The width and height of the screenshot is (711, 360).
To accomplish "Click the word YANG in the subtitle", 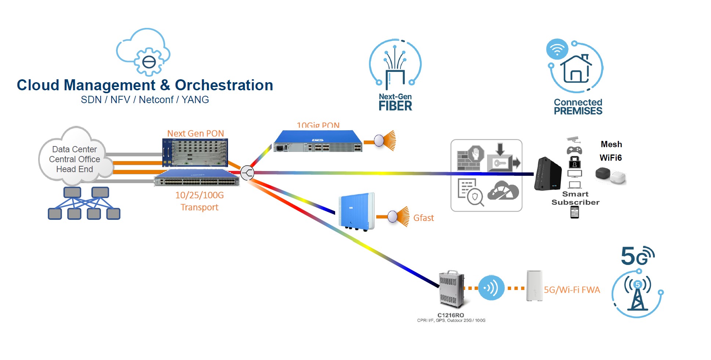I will (x=195, y=100).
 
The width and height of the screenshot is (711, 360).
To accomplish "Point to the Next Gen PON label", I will (x=195, y=134).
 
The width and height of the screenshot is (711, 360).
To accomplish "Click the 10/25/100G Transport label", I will (x=199, y=201).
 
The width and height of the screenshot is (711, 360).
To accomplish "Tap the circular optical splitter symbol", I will (x=247, y=172).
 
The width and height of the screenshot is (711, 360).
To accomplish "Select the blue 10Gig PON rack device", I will (x=318, y=141).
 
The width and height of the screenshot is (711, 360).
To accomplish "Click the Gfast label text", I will (x=424, y=218).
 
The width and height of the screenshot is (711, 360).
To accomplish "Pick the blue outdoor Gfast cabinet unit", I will (x=356, y=211).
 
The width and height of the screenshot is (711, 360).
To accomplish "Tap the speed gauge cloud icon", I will (x=503, y=191).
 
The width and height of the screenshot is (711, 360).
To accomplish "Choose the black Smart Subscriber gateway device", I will (x=547, y=174).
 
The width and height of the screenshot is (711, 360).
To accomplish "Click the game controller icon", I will (x=574, y=150).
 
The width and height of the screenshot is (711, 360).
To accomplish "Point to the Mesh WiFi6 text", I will (x=611, y=151).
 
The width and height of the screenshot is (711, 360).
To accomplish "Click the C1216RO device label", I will (x=450, y=315).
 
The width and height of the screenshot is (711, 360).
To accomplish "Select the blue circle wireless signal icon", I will (x=491, y=288).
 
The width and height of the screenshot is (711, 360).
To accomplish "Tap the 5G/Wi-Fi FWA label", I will (x=572, y=290).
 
